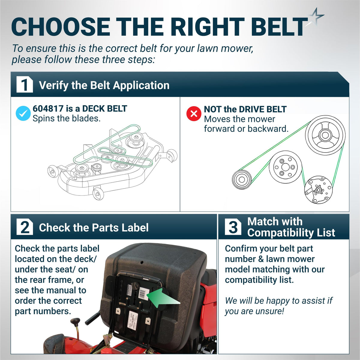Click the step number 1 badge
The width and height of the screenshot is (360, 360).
(25, 84)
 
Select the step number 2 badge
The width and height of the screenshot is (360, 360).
(25, 227)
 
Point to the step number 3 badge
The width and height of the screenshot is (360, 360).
(233, 227)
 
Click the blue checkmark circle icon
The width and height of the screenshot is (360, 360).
(23, 113)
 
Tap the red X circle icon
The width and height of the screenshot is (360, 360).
(194, 113)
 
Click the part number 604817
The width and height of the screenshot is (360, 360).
(48, 109)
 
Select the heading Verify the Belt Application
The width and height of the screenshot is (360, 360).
(104, 85)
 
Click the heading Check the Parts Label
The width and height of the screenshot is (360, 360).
(94, 227)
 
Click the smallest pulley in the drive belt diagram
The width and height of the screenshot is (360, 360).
(242, 179)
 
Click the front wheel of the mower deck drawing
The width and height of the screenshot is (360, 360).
(98, 194)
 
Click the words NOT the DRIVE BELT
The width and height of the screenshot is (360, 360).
(245, 109)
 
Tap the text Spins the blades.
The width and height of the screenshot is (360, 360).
(67, 119)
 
